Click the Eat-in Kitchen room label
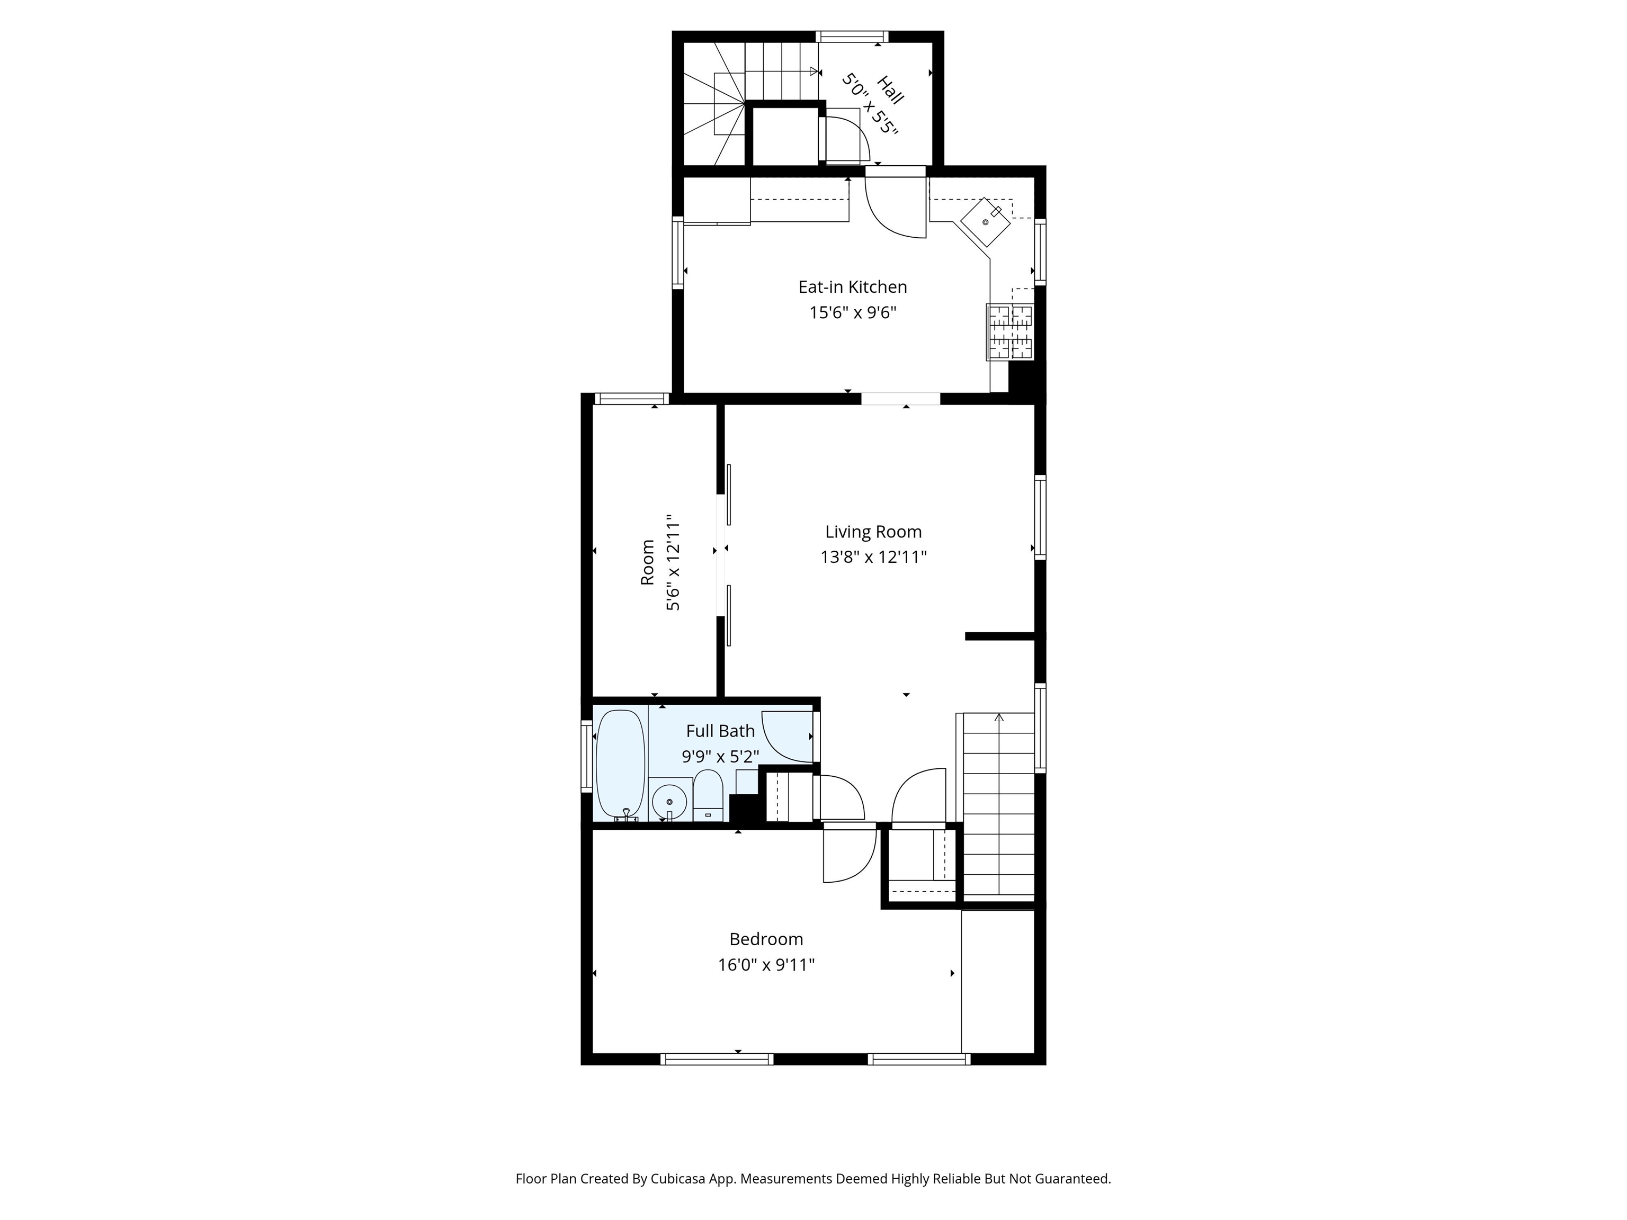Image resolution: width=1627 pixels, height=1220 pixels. point(853,287)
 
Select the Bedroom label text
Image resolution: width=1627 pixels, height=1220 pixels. point(766,939)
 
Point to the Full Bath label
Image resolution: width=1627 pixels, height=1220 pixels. point(720,731)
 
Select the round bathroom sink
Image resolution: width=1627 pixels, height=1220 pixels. point(669,800)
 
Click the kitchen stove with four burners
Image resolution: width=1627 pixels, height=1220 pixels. point(1010,333)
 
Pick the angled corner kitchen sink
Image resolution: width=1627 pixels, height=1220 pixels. point(986,221)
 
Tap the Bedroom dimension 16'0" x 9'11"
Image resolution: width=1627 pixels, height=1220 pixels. point(766,964)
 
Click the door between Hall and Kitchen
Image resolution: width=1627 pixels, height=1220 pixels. point(895,203)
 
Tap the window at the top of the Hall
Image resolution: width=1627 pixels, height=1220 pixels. point(852,36)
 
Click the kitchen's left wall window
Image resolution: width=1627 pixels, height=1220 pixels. point(678,252)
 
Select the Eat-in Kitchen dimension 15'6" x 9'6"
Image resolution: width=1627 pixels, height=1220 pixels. point(853,312)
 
